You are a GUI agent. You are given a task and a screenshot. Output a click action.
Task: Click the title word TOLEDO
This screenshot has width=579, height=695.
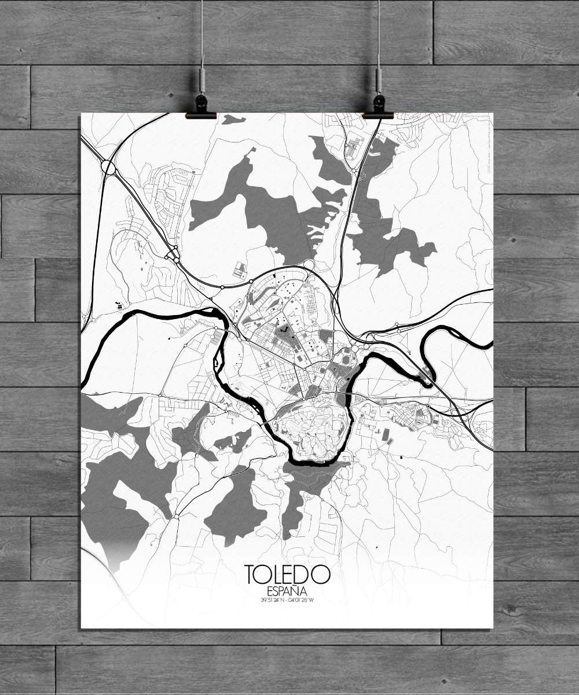coord(288,575)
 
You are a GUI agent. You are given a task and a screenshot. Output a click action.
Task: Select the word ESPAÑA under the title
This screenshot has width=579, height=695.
coord(288,591)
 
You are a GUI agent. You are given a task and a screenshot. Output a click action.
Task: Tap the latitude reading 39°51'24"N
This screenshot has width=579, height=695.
coord(273,599)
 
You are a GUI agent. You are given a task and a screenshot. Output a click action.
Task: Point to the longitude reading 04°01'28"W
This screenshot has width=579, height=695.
coord(304,599)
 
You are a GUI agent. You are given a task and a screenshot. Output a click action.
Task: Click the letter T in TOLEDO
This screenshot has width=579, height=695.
coord(251,575)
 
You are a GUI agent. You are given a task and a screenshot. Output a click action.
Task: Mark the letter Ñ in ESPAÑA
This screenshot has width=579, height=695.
coord(299,591)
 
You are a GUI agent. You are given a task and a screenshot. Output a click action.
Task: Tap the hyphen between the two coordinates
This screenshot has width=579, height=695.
coord(289,599)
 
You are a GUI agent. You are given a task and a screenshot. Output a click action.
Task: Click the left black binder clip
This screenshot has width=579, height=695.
coord(201,108)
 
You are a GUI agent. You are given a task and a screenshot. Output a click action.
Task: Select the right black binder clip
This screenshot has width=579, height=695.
coord(378,108)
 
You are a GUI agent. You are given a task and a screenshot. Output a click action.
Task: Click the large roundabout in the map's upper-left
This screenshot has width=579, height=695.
coord(108,167)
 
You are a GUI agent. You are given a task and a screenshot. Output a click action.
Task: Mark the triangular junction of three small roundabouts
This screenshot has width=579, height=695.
coord(172,254)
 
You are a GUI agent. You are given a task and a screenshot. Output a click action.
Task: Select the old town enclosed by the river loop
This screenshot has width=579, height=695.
coord(313,429)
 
